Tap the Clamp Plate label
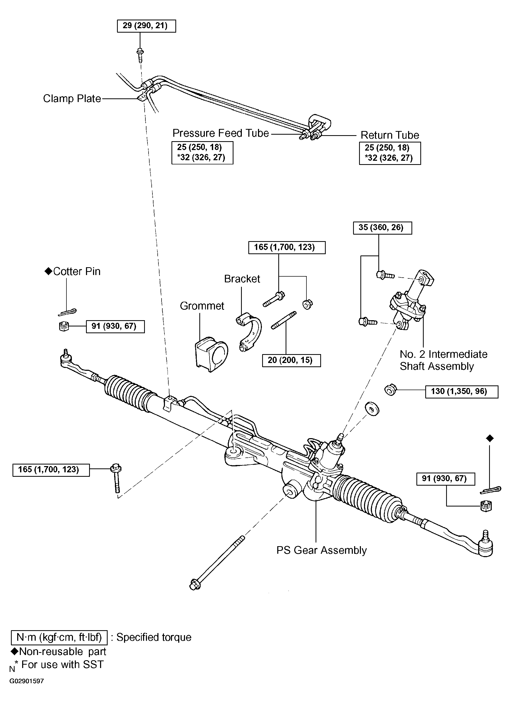tap(72, 99)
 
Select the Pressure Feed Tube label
tap(221, 133)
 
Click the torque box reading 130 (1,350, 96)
tap(461, 391)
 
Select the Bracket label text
tap(242, 279)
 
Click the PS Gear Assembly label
tap(321, 550)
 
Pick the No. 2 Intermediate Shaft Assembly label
tap(443, 360)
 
